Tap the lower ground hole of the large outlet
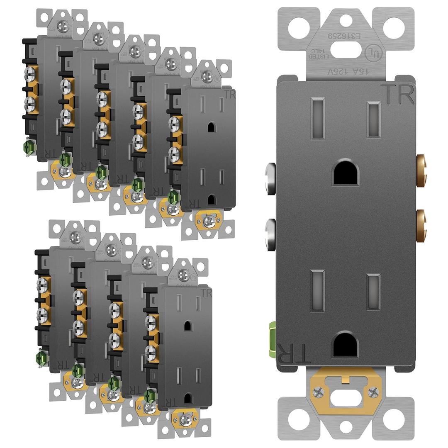[346, 344]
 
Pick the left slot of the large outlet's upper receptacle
[318, 117]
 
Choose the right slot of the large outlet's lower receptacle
[373, 292]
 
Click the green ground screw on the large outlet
[273, 334]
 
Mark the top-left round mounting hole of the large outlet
[299, 28]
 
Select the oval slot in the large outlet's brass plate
[346, 398]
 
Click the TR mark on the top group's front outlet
[229, 93]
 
